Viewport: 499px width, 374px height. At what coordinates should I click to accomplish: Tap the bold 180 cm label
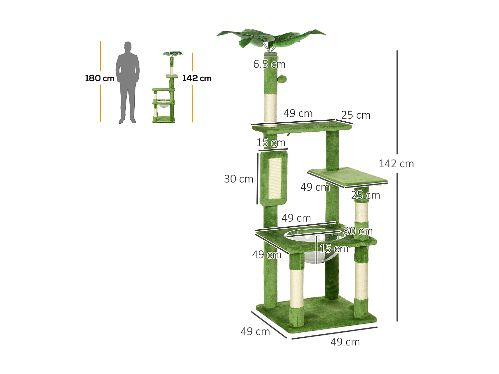99,78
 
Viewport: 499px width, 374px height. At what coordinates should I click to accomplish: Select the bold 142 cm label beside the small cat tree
197,78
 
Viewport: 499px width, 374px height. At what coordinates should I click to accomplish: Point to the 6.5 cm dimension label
269,64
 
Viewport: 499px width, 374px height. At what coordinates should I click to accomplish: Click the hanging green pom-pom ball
282,79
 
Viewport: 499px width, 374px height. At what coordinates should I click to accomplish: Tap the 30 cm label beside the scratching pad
239,179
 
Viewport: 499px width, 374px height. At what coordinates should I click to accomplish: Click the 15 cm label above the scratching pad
271,143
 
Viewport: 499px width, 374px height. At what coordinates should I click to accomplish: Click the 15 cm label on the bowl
334,249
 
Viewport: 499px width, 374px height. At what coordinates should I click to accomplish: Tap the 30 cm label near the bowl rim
358,231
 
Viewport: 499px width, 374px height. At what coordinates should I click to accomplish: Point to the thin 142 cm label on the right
396,164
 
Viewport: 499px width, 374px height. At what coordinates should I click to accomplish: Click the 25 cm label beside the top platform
356,115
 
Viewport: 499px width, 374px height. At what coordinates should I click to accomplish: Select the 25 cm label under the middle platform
365,195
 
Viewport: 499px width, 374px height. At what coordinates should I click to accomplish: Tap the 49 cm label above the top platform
298,114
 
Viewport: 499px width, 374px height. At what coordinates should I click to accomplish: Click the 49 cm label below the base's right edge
345,342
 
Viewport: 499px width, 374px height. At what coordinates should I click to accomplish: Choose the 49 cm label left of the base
255,331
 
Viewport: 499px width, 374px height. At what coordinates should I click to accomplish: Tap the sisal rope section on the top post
270,108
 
